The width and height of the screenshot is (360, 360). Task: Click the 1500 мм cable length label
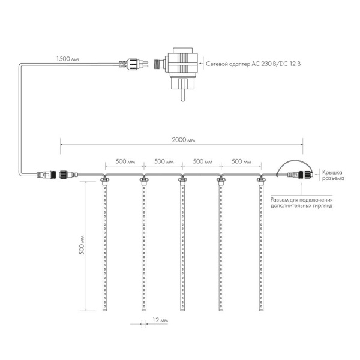click(67, 59)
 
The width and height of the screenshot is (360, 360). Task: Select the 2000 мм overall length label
click(184, 140)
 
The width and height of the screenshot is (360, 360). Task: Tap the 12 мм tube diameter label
click(160, 320)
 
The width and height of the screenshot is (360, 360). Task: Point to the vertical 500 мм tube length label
click(82, 245)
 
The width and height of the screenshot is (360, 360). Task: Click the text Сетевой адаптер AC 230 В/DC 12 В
click(253, 64)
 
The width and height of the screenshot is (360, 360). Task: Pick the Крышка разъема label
click(333, 175)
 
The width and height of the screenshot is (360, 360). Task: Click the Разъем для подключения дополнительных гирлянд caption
click(301, 203)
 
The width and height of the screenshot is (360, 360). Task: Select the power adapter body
click(183, 68)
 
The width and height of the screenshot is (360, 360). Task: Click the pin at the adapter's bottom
click(182, 95)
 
